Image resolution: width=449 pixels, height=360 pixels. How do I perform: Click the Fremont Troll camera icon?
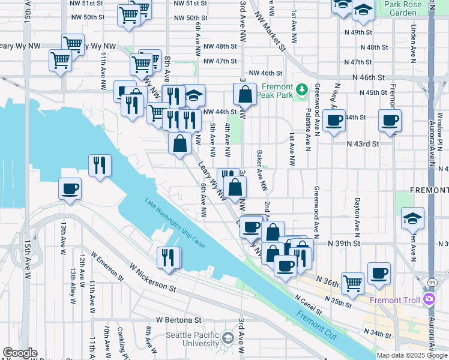(x=429, y=299)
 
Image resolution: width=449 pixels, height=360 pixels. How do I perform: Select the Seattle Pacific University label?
(x=192, y=339)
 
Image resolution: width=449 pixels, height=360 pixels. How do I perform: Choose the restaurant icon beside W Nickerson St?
(x=169, y=257)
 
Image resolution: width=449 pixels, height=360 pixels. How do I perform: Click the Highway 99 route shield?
(x=432, y=281)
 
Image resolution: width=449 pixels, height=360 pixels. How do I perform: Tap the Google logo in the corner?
(x=20, y=353)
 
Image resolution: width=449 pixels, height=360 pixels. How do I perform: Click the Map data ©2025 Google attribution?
(x=412, y=355)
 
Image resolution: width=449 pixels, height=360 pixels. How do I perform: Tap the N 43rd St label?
(x=363, y=144)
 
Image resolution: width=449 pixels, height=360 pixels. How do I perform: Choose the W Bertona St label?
(x=176, y=321)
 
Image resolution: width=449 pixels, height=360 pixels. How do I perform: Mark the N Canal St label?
(x=307, y=305)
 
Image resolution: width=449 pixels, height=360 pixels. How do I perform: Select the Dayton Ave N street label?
(x=357, y=211)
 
